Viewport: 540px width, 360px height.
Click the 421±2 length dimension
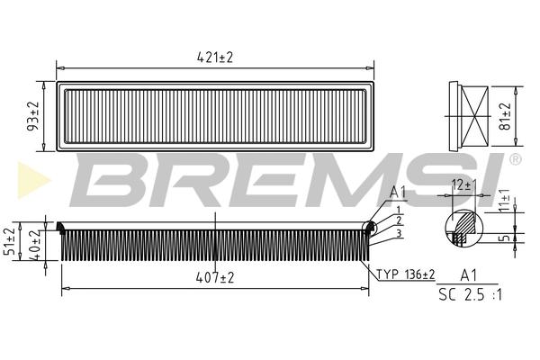pos(215,58)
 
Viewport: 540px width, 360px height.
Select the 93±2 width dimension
pos(33,116)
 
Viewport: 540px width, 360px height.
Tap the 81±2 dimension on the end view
pos(505,116)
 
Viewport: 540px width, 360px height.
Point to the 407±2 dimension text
pos(215,277)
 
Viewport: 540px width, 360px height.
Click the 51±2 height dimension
pos(10,241)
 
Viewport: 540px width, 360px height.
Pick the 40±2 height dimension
pos(35,245)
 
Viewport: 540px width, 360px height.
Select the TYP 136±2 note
pos(406,274)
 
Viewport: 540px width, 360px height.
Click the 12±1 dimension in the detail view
pos(462,185)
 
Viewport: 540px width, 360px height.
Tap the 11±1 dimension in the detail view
pos(505,200)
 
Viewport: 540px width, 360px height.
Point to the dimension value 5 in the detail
pos(506,238)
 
